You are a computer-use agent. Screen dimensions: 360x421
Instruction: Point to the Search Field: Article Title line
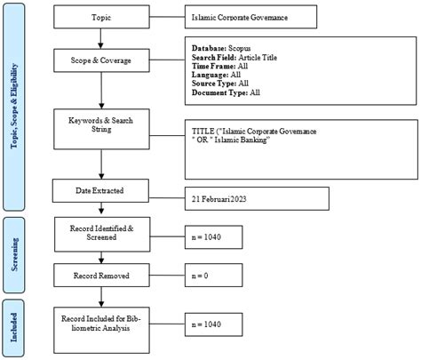(x=240, y=55)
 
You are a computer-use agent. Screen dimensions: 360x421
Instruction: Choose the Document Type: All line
(x=227, y=92)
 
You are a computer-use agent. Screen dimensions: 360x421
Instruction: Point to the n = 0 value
(x=201, y=276)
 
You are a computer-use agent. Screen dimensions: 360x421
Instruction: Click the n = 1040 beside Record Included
(x=206, y=324)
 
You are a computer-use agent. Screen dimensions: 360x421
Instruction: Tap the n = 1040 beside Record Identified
(x=206, y=239)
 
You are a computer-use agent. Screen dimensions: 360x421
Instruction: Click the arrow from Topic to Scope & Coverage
(x=102, y=37)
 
